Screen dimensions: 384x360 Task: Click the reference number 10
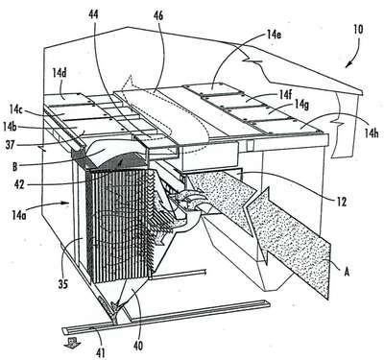358,30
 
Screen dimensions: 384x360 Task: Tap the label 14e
273,35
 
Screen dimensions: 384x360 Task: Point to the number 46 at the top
158,16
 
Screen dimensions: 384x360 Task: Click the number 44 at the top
94,14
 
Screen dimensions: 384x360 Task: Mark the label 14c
15,110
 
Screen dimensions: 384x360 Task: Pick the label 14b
10,127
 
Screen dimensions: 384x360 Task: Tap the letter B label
14,166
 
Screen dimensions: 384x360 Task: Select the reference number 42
19,184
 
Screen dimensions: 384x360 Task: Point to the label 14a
19,215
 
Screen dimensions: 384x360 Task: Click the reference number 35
63,284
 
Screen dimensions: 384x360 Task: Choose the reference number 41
100,352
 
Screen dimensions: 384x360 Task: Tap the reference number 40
138,346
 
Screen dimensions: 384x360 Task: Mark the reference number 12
342,202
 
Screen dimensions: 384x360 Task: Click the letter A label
347,272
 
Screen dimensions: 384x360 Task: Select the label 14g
301,104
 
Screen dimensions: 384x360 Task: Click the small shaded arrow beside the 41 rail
72,344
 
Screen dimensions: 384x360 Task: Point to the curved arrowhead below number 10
349,64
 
